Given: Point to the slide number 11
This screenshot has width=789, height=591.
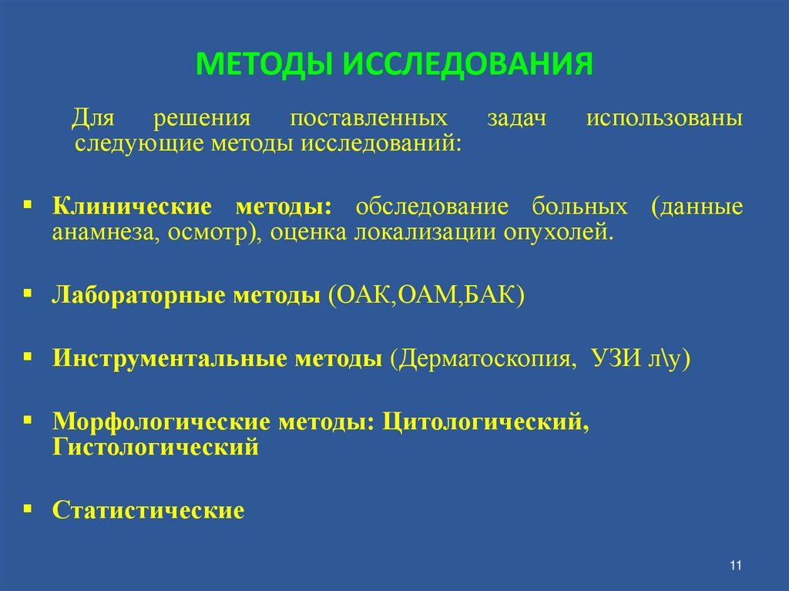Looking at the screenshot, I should (734, 566).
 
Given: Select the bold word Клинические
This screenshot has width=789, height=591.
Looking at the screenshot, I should (132, 207).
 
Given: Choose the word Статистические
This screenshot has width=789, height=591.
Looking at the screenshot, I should (148, 510).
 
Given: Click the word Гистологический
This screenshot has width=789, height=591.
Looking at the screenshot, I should (155, 447).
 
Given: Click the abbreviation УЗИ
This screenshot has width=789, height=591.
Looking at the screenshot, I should (613, 359).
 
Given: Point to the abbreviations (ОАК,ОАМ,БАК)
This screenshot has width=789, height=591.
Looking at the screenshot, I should (425, 295).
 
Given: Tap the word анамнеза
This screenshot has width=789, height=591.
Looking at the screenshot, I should (102, 233).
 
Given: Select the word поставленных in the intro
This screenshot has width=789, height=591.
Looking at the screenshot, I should (368, 119).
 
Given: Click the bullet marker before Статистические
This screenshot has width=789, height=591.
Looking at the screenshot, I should (27, 509).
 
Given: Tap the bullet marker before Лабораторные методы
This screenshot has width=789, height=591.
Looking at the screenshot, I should (27, 294).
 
